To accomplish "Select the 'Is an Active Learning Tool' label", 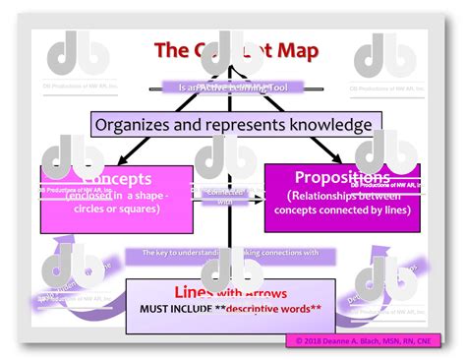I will pos(233,87).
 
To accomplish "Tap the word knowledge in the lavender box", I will pos(326,125).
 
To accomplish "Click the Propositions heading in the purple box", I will pos(341,177).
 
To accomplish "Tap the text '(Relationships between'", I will pos(341,196).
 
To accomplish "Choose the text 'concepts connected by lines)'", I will pos(341,210).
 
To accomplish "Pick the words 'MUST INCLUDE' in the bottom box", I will pos(180,309).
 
